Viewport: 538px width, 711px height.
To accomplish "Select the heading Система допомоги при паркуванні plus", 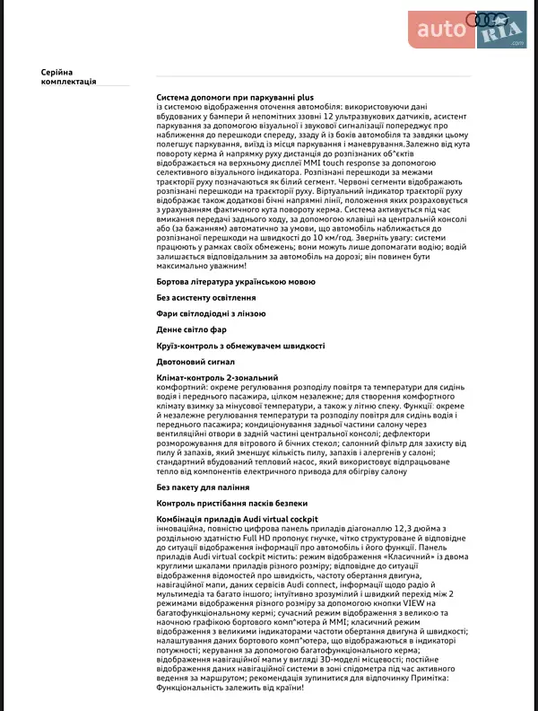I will click(x=235, y=96).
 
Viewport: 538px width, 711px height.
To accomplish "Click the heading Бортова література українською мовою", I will click(x=236, y=282).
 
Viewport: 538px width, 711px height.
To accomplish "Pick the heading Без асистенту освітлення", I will click(x=206, y=297).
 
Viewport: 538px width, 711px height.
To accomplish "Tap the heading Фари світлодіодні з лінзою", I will click(x=211, y=313).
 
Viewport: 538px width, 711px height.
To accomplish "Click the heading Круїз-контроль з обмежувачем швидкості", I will click(x=240, y=346).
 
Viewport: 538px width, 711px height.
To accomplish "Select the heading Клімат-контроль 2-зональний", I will click(x=217, y=378).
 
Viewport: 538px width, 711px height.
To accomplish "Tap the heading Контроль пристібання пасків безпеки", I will click(x=233, y=504).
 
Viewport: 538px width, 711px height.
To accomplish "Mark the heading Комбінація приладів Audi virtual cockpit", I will click(x=238, y=520).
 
